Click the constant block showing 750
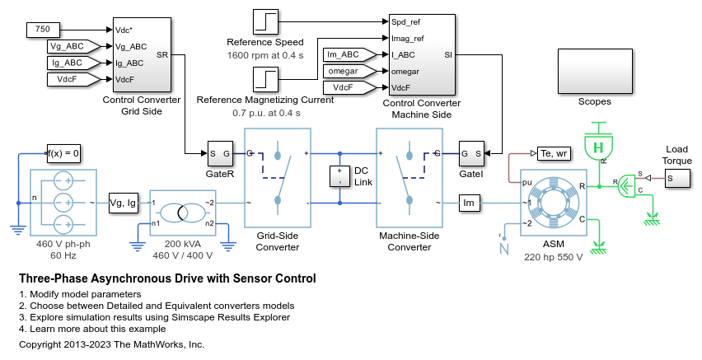(x=42, y=30)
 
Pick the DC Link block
(x=339, y=176)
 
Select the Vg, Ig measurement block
(x=126, y=203)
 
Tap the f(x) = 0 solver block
(x=63, y=153)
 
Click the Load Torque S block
(x=678, y=178)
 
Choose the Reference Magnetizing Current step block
(x=266, y=79)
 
